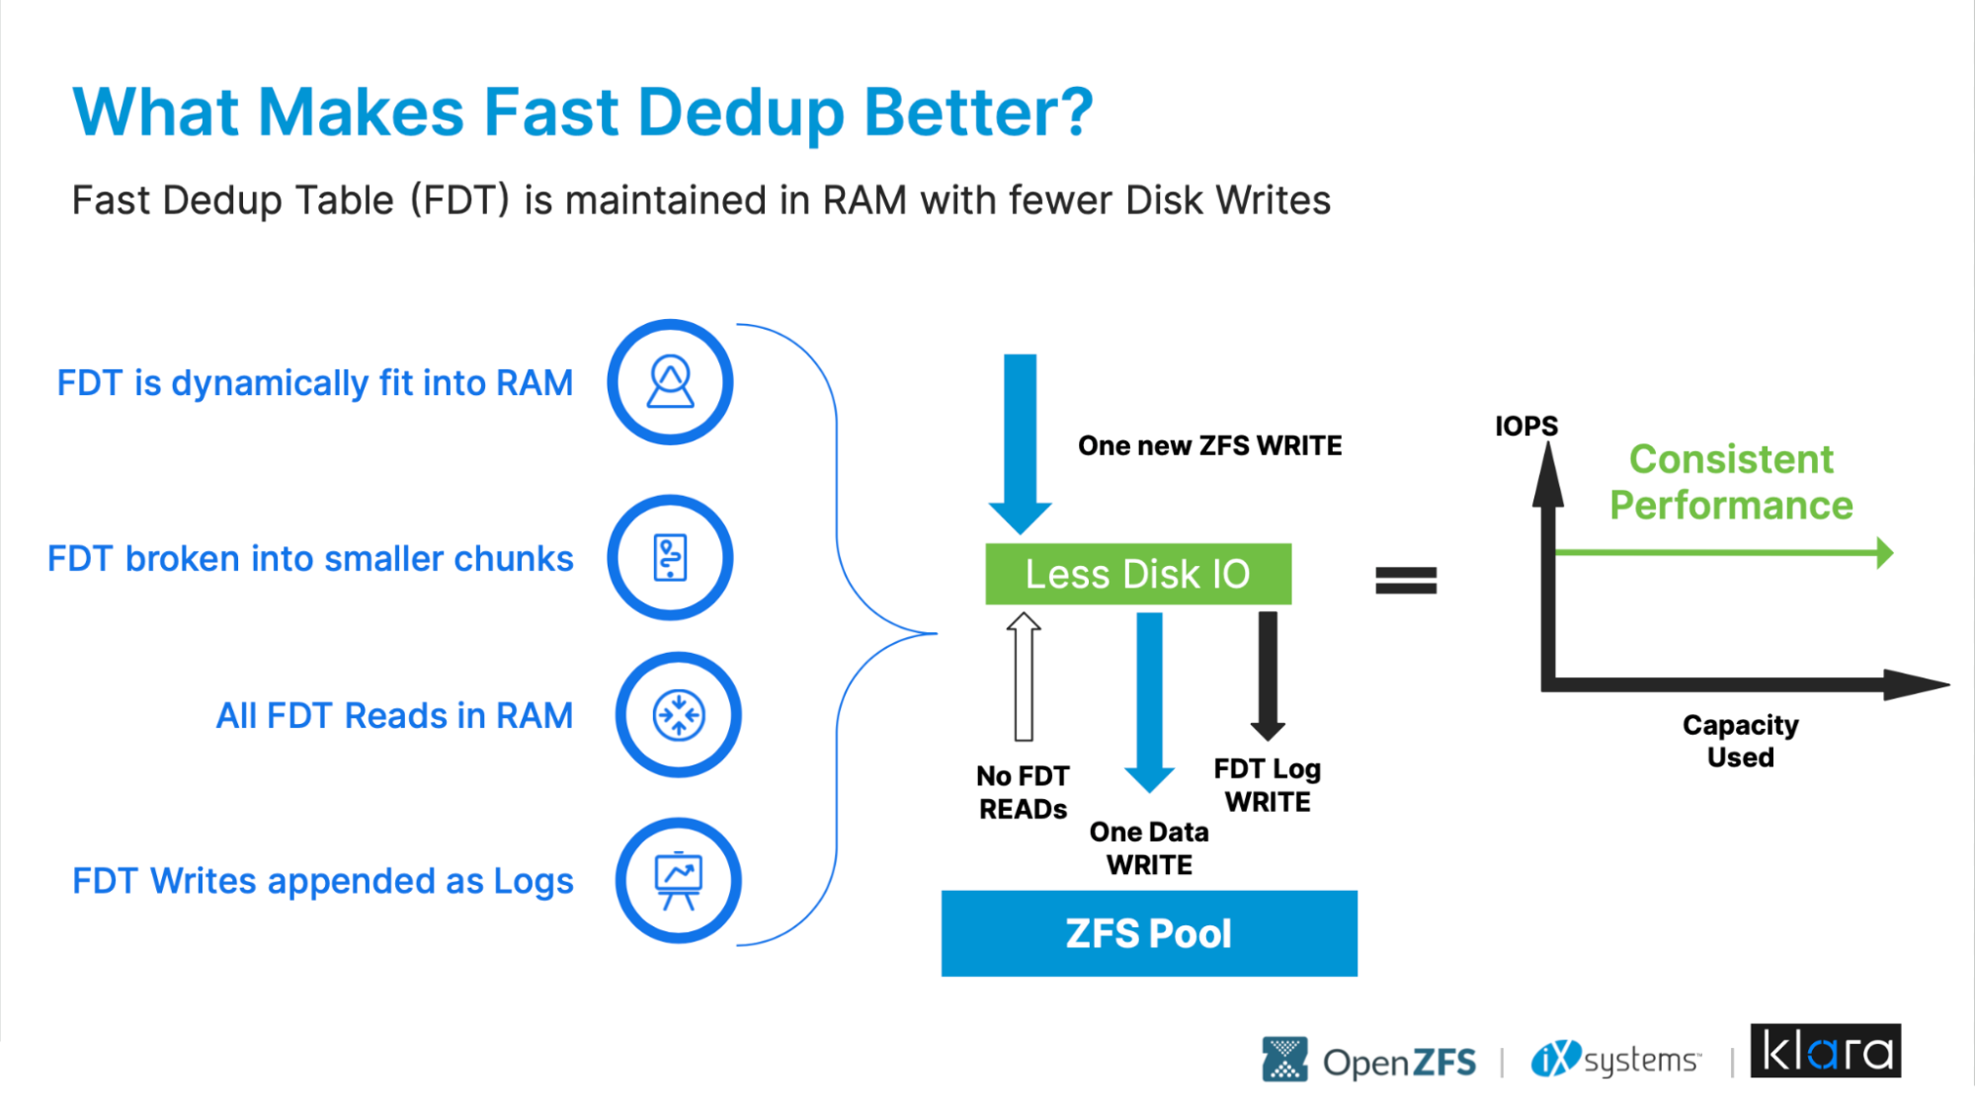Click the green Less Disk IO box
click(x=1138, y=574)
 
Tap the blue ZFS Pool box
click(x=1149, y=933)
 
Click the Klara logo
click(x=1826, y=1051)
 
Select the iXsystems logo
click(x=1616, y=1060)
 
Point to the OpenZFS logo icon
click(x=1284, y=1060)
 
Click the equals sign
click(x=1406, y=580)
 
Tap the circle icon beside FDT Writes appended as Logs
click(x=679, y=880)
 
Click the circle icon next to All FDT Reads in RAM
click(x=679, y=715)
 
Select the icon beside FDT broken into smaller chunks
click(x=670, y=558)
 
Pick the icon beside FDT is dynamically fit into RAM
click(x=670, y=382)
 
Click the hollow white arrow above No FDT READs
click(x=1024, y=677)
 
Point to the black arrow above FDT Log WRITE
click(x=1268, y=677)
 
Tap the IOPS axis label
click(x=1525, y=426)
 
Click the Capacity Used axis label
click(x=1741, y=741)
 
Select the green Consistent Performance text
click(x=1731, y=482)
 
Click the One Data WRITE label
click(x=1149, y=848)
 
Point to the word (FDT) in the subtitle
click(x=459, y=200)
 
